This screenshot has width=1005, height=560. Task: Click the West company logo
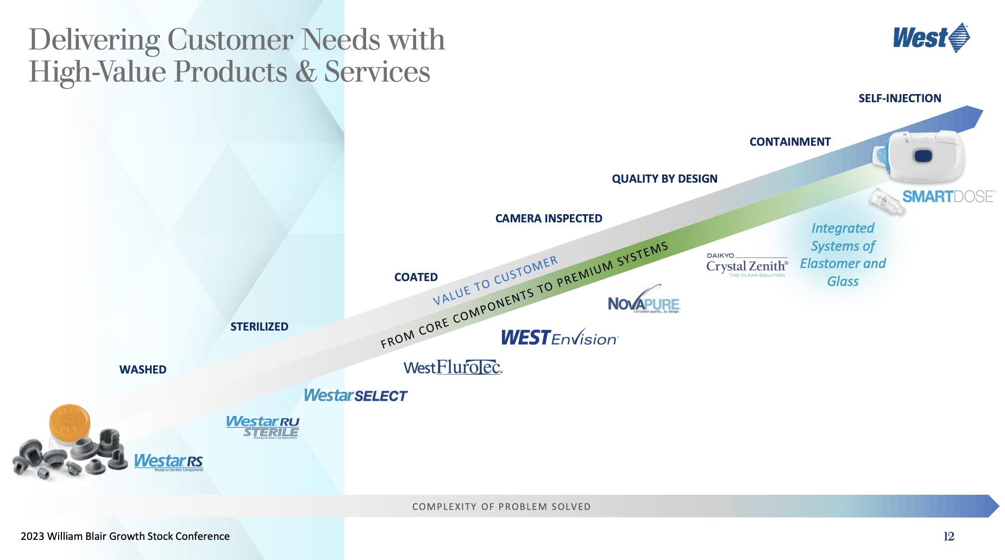931,38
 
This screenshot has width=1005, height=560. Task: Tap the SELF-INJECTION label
900,98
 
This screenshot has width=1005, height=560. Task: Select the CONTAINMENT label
790,142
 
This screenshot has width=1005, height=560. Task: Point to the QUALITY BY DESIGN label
664,179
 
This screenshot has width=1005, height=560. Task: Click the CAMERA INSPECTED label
549,219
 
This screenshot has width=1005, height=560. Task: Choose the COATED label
416,277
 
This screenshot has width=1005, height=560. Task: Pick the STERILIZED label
259,327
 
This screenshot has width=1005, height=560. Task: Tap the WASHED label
143,370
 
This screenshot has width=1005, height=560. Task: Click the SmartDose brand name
949,196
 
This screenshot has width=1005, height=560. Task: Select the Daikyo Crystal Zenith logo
747,265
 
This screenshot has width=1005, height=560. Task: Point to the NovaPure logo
644,302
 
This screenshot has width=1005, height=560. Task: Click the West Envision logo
560,338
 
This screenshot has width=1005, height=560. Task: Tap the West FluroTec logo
453,368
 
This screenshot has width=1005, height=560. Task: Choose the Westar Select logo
355,396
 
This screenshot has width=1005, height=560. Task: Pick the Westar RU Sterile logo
263,427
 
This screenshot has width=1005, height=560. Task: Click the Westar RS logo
168,462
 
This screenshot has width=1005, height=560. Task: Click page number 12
949,537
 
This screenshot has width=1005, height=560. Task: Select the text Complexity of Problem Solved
501,507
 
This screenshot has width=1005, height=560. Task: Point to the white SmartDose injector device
921,157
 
